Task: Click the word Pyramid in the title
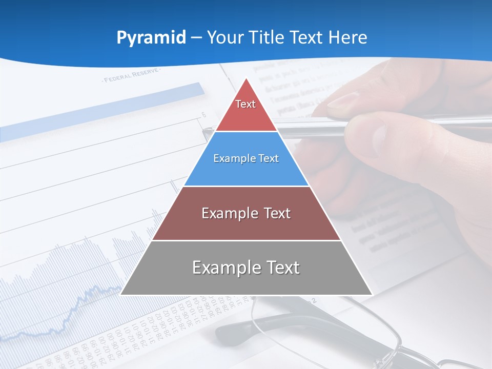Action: [x=151, y=38]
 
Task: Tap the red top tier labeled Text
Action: [x=246, y=110]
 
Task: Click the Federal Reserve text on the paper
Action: [x=131, y=77]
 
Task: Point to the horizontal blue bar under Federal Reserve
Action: [x=102, y=110]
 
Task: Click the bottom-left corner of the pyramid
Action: [x=121, y=295]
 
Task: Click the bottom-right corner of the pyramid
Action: [x=372, y=295]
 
